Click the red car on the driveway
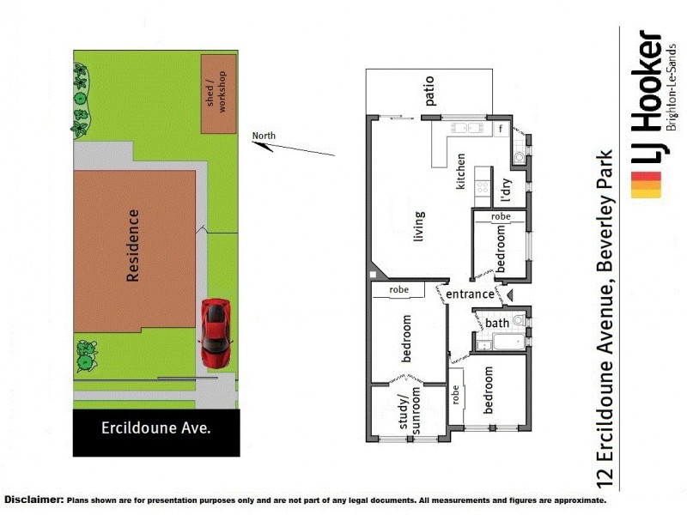coord(215,333)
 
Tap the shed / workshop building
coord(218,94)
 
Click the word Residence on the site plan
coord(133,245)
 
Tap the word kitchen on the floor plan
coord(461,171)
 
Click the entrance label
coord(470,294)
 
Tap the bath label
coord(497,323)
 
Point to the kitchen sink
coord(465,130)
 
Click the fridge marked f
coord(501,130)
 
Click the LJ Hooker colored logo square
coord(647,185)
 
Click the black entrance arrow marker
coord(507,295)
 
